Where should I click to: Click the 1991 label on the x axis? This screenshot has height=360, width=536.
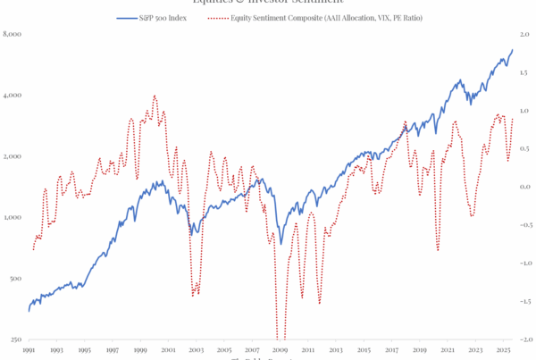point(29,352)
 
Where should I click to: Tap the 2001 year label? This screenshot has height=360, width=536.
point(170,352)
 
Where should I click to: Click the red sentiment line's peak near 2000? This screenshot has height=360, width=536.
point(155,96)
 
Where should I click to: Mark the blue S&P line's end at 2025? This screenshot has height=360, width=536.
point(513,50)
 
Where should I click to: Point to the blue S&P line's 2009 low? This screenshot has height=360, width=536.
point(281,243)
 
